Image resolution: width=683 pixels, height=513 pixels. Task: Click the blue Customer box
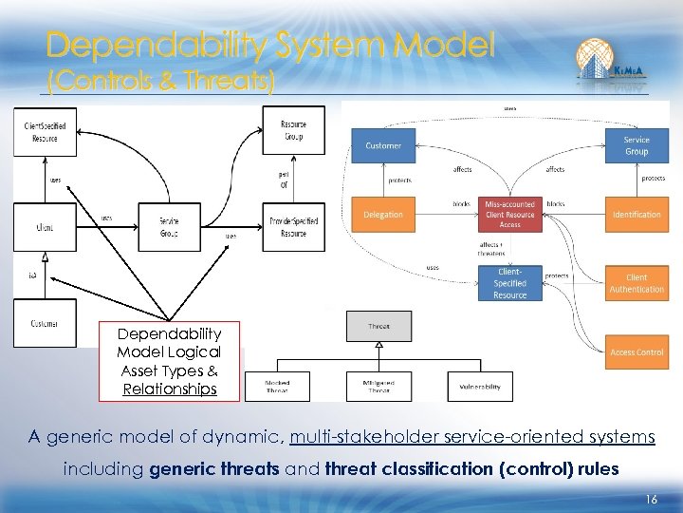[x=383, y=145]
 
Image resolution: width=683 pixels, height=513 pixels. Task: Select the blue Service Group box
[x=637, y=145]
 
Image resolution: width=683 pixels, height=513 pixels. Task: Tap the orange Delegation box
[x=383, y=215]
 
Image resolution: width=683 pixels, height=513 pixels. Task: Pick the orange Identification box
[x=637, y=215]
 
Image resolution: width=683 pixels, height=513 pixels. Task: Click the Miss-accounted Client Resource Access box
[x=510, y=215]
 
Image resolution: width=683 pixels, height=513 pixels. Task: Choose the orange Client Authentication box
[x=637, y=283]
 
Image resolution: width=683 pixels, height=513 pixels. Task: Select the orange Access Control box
[x=637, y=352]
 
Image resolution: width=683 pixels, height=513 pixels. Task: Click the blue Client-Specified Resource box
[x=510, y=283]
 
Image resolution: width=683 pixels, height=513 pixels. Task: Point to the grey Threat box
[x=378, y=327]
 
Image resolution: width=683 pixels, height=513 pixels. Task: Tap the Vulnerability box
[x=480, y=387]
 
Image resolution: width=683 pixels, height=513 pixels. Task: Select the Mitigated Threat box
[x=378, y=387]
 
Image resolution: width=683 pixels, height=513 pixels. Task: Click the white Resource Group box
[x=293, y=130]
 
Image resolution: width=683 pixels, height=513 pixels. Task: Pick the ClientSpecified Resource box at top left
[x=45, y=132]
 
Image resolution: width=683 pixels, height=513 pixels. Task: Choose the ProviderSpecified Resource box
[x=293, y=227]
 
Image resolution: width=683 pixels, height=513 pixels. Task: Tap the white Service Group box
[x=170, y=227]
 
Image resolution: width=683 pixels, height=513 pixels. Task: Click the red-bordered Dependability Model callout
[x=170, y=361]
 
